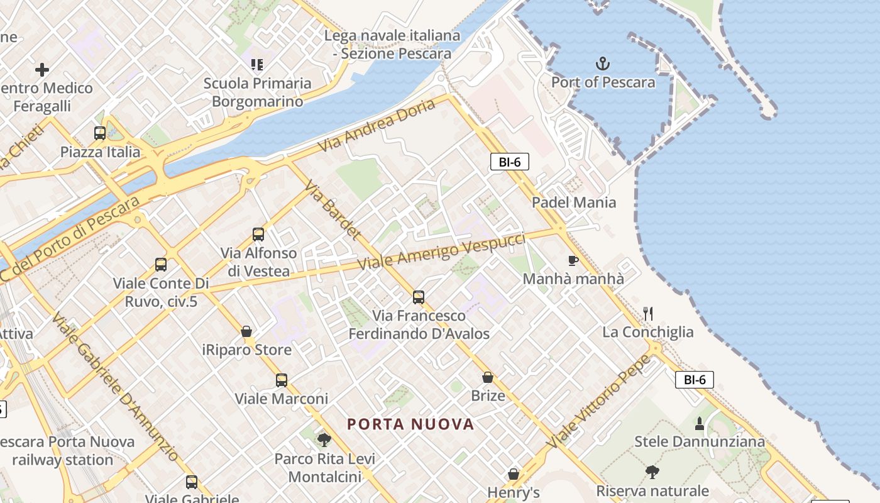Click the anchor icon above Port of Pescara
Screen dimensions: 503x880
[603, 64]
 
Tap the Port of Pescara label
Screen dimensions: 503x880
[603, 82]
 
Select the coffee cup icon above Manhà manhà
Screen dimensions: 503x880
[573, 260]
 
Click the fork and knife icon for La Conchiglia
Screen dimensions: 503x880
[648, 313]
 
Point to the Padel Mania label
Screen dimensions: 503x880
[574, 202]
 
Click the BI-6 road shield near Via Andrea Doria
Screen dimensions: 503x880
[509, 162]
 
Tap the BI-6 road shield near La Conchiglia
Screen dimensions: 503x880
[694, 380]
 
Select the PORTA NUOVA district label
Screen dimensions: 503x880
[410, 424]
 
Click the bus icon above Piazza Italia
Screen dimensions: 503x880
[100, 133]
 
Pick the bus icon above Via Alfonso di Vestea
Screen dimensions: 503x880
[258, 235]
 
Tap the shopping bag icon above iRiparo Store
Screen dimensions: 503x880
[246, 331]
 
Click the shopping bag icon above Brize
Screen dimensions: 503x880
[487, 377]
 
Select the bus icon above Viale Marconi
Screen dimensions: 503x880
[281, 380]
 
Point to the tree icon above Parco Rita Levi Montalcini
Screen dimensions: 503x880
[324, 439]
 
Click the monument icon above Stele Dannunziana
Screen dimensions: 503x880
[699, 423]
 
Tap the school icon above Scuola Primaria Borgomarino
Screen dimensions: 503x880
[256, 64]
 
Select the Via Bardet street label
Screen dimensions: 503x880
[333, 210]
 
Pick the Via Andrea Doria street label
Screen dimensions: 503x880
[376, 125]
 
